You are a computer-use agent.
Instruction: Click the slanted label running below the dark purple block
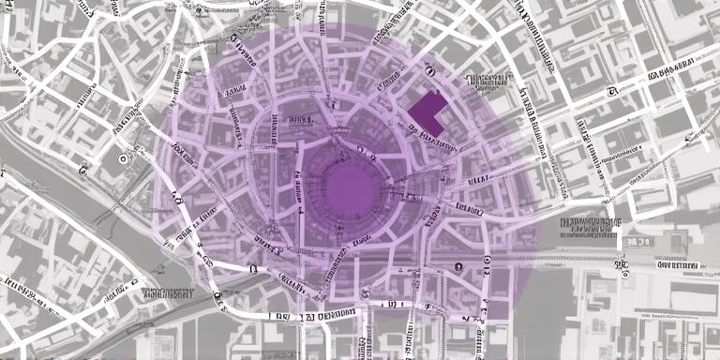coord(437,142)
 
